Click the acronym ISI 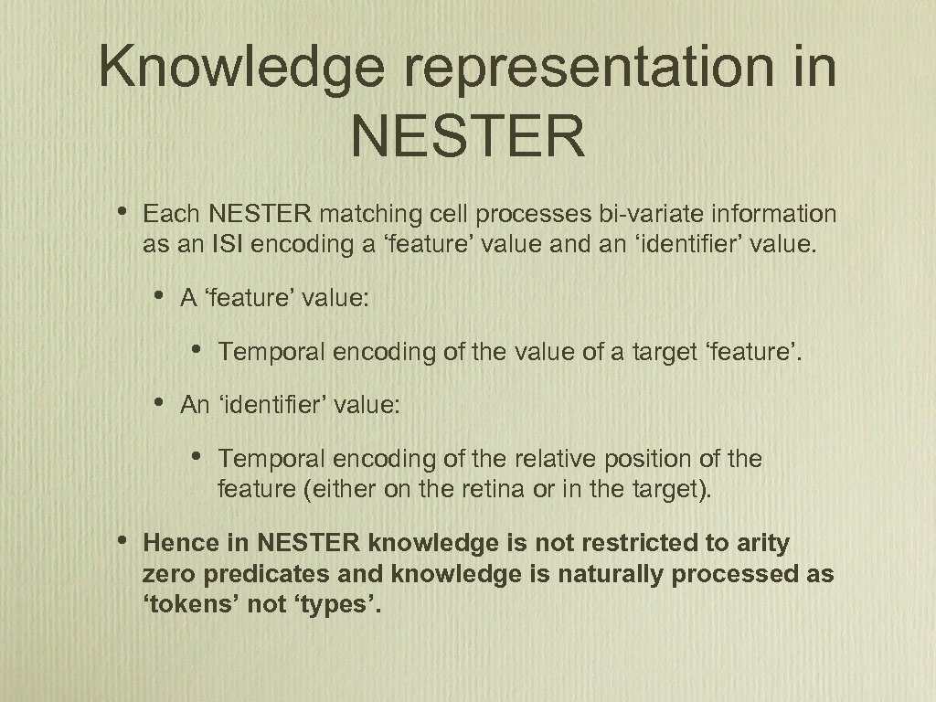(234, 245)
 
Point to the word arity (762, 544)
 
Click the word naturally (602, 574)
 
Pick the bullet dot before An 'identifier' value (160, 402)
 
